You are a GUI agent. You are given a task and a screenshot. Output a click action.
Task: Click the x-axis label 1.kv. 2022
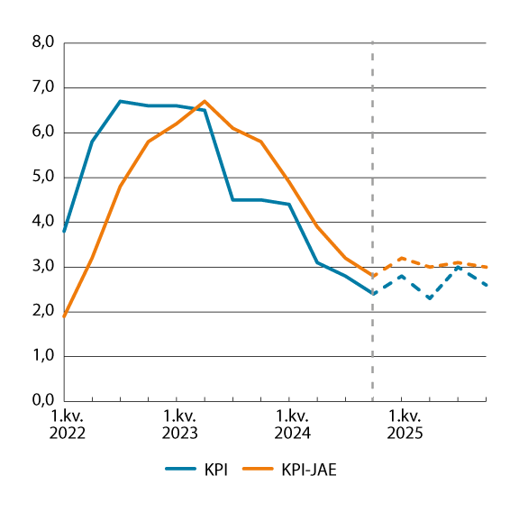[x=67, y=424]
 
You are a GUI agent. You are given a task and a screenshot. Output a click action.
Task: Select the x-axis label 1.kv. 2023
[x=179, y=424]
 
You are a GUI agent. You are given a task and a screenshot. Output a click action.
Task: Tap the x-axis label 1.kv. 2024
[x=292, y=424]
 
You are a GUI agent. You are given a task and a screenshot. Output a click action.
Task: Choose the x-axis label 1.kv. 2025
[x=404, y=424]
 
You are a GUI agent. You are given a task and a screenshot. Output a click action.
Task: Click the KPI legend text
[x=216, y=469]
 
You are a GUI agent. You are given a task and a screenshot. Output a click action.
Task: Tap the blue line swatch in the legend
[x=183, y=469]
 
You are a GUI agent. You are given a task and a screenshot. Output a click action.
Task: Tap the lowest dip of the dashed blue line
[x=430, y=298]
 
